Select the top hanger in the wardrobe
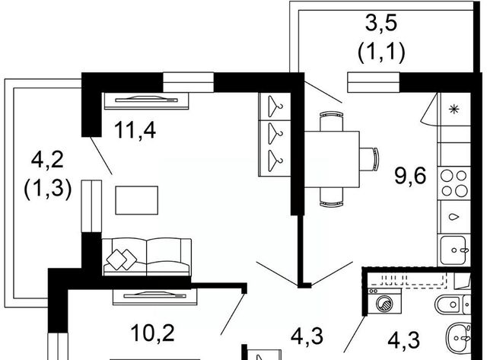click(272, 106)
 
